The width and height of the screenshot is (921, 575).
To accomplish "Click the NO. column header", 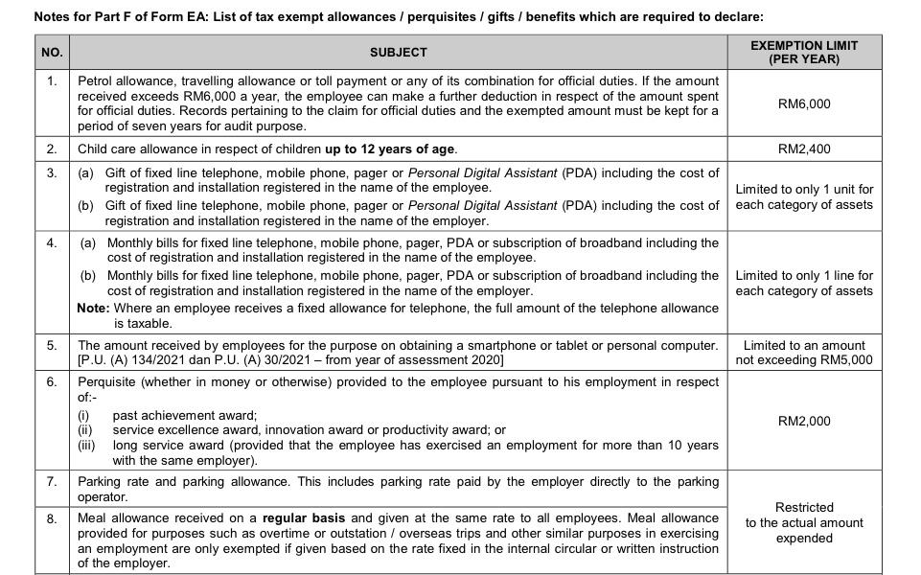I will tap(52, 52).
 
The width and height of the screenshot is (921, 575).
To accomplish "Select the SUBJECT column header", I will tap(398, 52).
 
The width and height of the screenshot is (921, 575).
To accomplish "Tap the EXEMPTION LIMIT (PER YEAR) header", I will tap(803, 52).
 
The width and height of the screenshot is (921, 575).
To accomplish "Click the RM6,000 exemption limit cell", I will tap(803, 103).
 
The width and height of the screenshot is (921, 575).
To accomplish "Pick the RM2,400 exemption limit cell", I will tap(803, 149).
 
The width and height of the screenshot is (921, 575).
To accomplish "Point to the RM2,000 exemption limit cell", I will tap(803, 422).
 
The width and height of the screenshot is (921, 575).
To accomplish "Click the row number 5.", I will tap(52, 345).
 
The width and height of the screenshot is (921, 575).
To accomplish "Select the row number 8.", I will tap(52, 518).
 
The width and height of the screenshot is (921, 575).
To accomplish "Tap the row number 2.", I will tap(52, 149).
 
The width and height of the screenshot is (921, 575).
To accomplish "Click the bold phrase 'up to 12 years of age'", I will tap(390, 149).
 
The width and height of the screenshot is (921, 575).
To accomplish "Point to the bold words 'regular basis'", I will tap(305, 518).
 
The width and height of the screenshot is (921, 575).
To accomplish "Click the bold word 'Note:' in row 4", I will tap(93, 309).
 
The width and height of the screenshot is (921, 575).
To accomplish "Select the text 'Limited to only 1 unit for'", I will tap(803, 190).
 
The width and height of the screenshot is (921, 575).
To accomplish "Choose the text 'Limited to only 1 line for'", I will tap(803, 276).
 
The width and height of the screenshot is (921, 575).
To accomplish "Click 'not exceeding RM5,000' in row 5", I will tap(803, 360).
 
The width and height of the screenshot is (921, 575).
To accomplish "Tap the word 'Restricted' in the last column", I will tap(803, 508).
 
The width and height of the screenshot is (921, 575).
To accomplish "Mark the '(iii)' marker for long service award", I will tap(86, 446).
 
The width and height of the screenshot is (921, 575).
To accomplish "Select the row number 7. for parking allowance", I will tap(52, 481).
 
